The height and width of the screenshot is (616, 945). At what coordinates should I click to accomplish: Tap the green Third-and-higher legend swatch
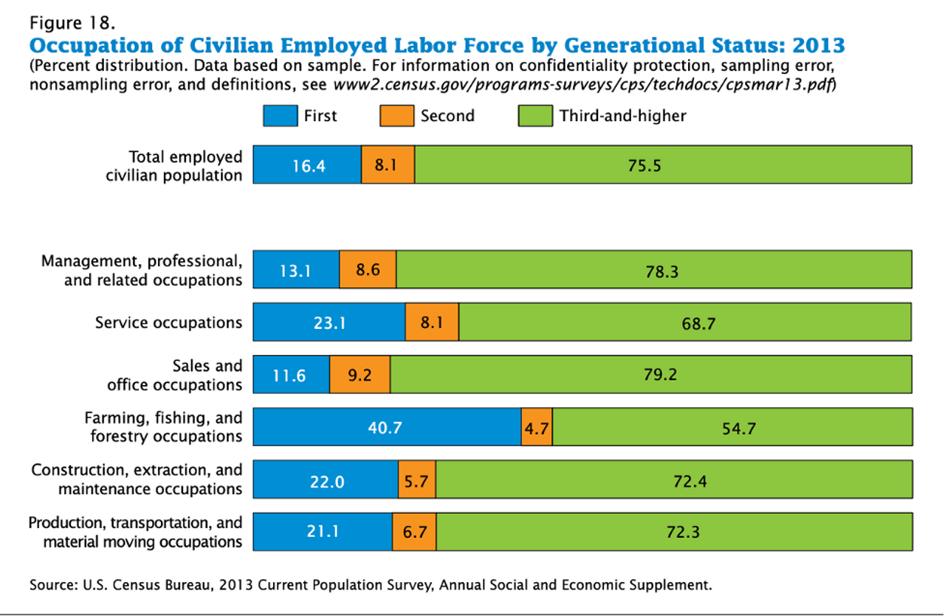click(x=535, y=116)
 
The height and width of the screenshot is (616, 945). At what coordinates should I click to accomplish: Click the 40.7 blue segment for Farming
click(x=387, y=427)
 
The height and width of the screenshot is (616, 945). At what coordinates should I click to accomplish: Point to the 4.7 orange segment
click(x=537, y=427)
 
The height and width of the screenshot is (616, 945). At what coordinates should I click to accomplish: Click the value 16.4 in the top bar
click(x=307, y=165)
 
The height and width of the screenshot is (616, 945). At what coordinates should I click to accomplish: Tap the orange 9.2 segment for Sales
click(x=360, y=375)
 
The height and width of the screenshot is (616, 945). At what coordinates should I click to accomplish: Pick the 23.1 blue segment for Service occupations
click(x=329, y=322)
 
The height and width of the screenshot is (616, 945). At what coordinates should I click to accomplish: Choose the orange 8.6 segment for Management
click(x=368, y=270)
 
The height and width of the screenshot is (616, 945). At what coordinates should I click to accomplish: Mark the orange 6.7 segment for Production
click(x=414, y=532)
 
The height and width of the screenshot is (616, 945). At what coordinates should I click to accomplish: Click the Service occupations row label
click(x=168, y=322)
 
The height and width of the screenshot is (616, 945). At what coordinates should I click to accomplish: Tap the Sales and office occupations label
click(x=175, y=375)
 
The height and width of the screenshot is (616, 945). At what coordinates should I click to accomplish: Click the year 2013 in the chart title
click(x=818, y=45)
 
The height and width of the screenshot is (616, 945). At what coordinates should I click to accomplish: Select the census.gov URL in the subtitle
click(x=583, y=84)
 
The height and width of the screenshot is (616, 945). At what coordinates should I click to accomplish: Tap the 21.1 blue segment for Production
click(x=323, y=532)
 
